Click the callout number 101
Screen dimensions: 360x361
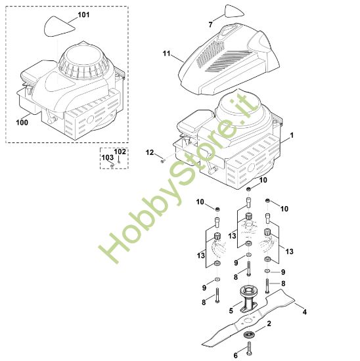[83, 14]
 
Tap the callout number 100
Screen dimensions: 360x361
[22, 123]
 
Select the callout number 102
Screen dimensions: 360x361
[120, 152]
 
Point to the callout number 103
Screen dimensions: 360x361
[107, 158]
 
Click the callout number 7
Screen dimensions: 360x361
[210, 25]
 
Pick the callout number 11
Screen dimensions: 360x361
[166, 53]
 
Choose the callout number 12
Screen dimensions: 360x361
[150, 152]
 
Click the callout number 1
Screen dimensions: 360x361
[292, 135]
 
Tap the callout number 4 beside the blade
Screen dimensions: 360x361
[305, 312]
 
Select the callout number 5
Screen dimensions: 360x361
[231, 311]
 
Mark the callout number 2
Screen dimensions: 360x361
[269, 324]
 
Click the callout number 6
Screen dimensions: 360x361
[236, 356]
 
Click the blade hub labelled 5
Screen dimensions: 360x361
[249, 299]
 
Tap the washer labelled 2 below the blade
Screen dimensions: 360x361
[250, 335]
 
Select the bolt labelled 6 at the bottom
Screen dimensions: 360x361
[250, 348]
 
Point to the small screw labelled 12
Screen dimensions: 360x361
[162, 161]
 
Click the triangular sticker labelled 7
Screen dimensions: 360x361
[234, 12]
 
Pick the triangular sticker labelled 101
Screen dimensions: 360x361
[60, 26]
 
